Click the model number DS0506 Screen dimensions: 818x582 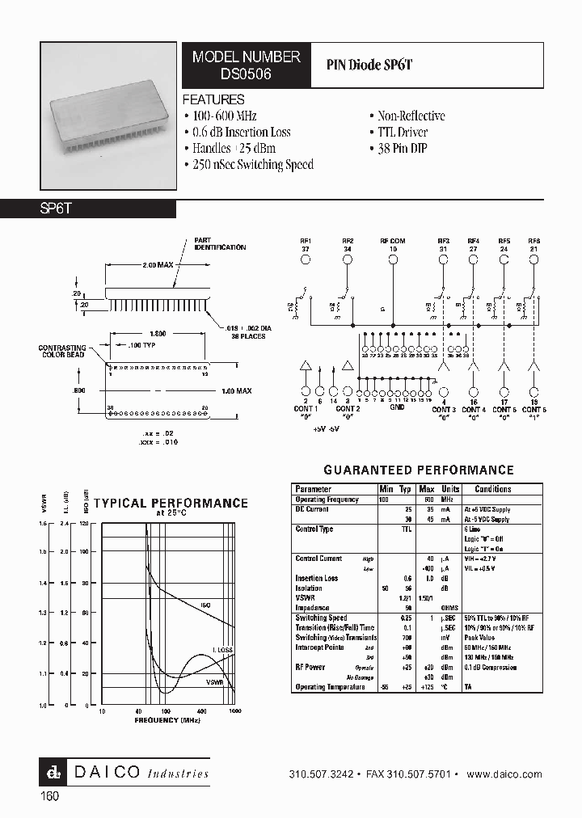click(246, 72)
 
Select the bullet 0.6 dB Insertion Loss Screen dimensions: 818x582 click(237, 132)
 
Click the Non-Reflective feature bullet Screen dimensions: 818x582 click(407, 116)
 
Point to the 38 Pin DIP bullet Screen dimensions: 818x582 click(402, 148)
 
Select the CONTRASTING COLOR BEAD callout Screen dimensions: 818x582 click(61, 352)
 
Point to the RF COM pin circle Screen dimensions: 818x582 click(393, 259)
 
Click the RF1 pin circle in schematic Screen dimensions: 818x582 click(306, 259)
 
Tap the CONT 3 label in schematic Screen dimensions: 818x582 click(443, 410)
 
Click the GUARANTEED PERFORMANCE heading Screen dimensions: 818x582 click(418, 470)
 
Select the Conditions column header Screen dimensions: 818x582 click(492, 489)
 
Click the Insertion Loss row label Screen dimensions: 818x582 click(317, 578)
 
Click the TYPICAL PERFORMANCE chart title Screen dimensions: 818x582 click(171, 503)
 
